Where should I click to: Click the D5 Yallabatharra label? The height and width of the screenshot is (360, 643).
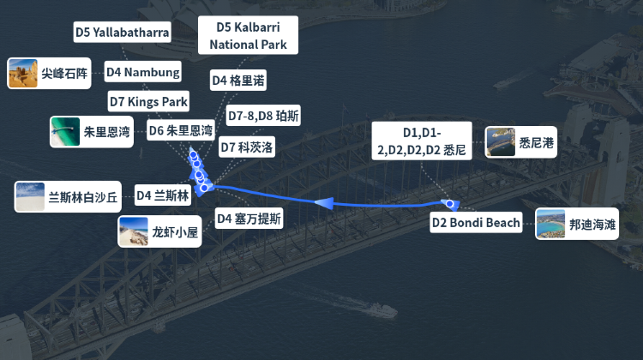[x=123, y=32]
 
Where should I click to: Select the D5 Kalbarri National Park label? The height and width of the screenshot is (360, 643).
[x=248, y=35]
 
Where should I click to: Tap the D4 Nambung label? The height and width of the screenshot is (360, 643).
[x=142, y=72]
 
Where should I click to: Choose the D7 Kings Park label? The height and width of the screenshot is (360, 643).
[x=148, y=101]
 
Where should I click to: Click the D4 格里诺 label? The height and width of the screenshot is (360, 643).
[x=238, y=81]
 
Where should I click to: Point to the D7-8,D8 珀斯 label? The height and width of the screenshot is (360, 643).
[x=263, y=116]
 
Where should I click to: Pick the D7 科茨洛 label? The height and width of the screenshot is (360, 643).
[x=246, y=147]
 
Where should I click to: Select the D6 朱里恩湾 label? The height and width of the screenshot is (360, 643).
[x=180, y=130]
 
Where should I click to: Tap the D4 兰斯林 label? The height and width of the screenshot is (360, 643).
[x=163, y=195]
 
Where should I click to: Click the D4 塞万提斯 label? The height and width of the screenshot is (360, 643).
[x=249, y=219]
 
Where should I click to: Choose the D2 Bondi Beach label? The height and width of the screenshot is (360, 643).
[x=476, y=223]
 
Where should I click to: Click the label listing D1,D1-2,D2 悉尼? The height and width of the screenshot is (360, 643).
[x=422, y=141]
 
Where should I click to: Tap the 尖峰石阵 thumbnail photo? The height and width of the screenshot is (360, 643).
[x=23, y=74]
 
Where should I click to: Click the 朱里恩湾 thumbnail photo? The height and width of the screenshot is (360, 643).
[x=65, y=132]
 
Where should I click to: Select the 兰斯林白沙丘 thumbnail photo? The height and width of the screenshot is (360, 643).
[x=29, y=197]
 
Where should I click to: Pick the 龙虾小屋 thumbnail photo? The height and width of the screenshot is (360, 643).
[x=133, y=231]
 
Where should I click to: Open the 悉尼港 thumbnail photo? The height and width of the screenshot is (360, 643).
[x=501, y=142]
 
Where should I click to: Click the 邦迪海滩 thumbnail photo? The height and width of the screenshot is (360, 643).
[x=550, y=224]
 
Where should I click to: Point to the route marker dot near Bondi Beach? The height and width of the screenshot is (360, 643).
[x=450, y=203]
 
